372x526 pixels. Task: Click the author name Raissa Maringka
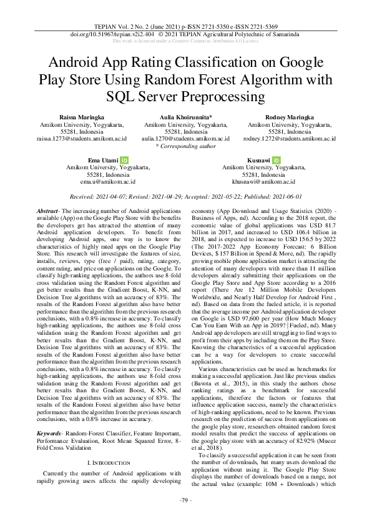[82, 117]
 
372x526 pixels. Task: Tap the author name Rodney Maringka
[288, 117]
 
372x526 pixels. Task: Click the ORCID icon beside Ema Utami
[124, 161]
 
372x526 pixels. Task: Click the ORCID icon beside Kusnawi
[276, 161]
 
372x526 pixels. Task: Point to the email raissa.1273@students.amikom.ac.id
[82, 139]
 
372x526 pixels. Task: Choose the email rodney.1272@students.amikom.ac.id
[288, 139]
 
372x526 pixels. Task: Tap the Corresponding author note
[185, 146]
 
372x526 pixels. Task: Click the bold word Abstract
[48, 212]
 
